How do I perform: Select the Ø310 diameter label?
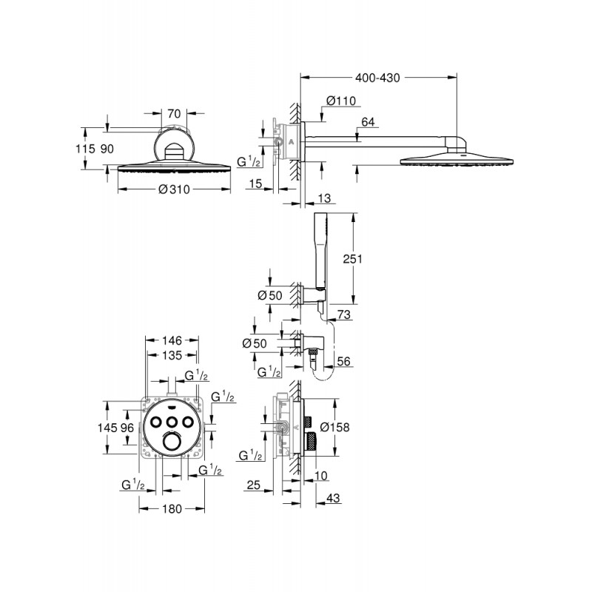point(174,189)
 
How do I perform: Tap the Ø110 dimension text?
point(341,102)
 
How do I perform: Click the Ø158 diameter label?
point(354,428)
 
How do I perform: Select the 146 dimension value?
point(172,341)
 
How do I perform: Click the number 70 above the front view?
point(174,113)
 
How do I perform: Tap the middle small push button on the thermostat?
point(172,420)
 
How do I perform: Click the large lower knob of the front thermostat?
point(172,443)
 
